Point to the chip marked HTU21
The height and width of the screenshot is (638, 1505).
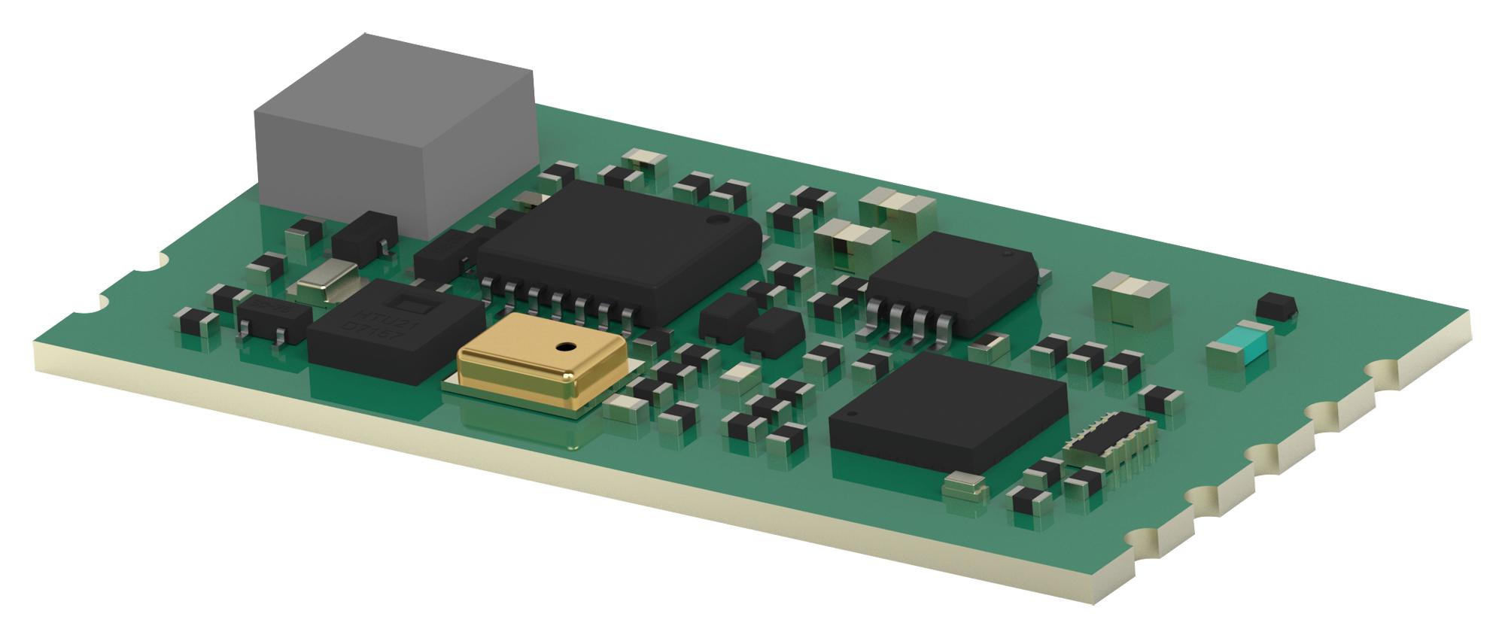point(395,331)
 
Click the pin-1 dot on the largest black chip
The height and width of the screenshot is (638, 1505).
point(716,221)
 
